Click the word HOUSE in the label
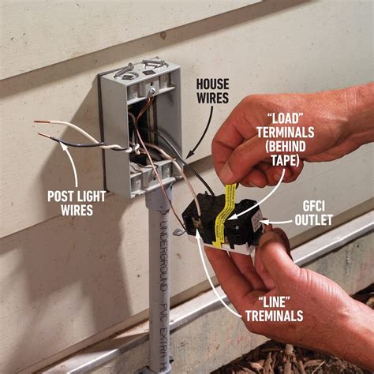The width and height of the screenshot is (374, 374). point(212,82)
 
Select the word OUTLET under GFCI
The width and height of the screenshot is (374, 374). point(313,220)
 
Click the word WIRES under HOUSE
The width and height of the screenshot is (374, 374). point(212,98)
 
